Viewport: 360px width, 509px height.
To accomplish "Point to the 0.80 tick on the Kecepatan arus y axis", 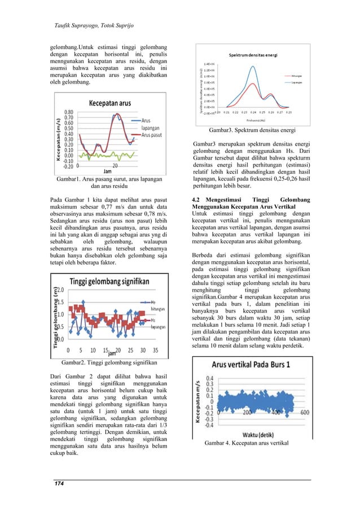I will [69, 112].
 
